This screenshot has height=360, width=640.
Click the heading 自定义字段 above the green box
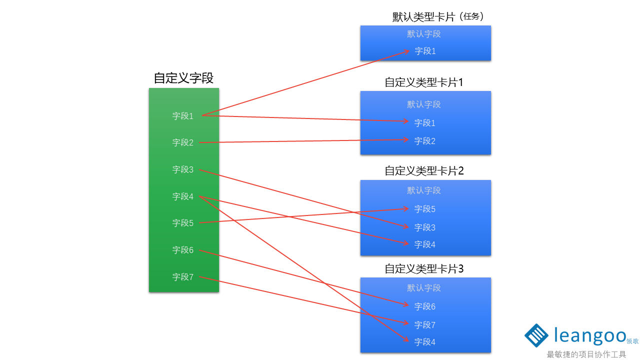coord(183,78)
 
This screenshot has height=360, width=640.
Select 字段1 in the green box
coord(183,116)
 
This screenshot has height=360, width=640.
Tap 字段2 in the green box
coord(183,142)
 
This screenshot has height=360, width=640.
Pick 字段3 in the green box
coord(183,169)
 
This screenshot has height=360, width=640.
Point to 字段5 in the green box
coord(183,223)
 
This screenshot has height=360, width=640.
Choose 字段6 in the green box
coord(183,250)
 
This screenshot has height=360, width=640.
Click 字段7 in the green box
coord(183,277)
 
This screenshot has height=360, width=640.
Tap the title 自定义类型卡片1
coord(424,82)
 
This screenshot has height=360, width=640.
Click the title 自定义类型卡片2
coord(424,171)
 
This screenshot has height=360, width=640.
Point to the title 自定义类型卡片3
coord(424,269)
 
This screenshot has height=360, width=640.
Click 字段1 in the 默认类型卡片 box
coord(425,51)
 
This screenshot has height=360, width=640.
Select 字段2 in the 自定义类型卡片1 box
coord(425,141)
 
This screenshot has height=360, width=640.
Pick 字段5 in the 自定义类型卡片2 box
coord(425,209)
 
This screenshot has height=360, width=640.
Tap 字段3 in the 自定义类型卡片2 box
coord(425,227)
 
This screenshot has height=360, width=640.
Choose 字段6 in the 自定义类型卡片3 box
coord(425,306)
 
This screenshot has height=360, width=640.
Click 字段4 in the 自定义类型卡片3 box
coord(425,342)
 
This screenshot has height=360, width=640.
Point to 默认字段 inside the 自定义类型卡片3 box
coord(424,288)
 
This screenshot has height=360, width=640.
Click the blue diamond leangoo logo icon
coord(536,335)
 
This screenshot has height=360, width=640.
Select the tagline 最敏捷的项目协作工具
coord(586,354)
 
